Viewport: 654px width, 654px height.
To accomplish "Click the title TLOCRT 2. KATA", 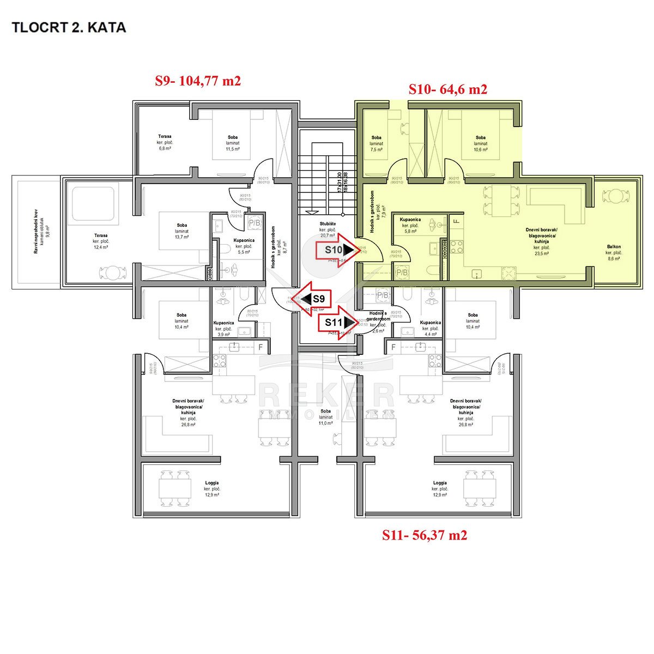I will coord(69,27).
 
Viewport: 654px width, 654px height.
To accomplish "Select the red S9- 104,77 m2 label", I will coord(198,81).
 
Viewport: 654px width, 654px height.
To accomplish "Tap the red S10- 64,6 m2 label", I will coord(447,89).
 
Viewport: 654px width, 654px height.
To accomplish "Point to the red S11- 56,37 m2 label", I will coord(424,535).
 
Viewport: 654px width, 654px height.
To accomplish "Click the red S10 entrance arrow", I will coord(339,250).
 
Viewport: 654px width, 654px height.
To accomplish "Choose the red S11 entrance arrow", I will coord(339,323).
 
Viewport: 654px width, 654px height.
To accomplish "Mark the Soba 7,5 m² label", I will coord(376,143).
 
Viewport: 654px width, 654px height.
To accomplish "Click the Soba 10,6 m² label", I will coord(480,143).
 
